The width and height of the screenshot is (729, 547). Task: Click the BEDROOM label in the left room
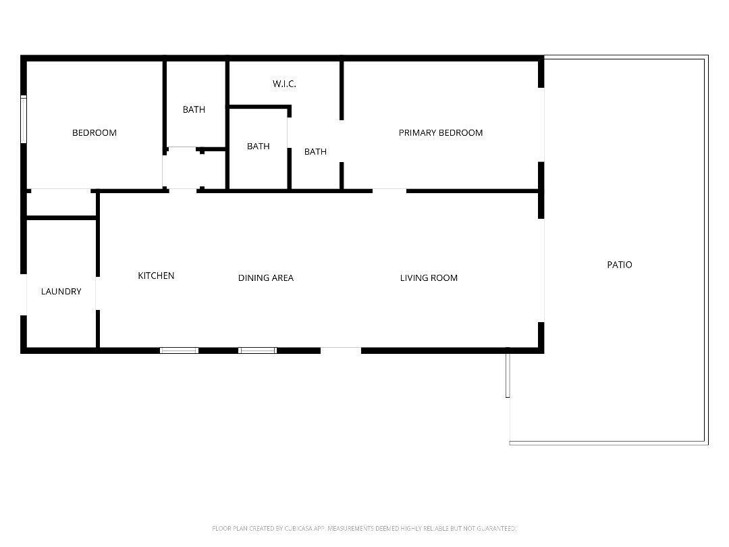point(94,133)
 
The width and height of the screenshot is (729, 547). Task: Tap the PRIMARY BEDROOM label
point(440,133)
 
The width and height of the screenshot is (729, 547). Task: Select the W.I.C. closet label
point(284,84)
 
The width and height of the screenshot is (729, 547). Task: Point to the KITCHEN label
point(156,276)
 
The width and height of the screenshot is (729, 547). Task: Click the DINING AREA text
point(265,278)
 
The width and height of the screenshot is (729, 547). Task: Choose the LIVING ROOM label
point(429,278)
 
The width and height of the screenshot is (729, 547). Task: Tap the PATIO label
point(619,265)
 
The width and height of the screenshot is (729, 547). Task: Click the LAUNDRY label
point(61,292)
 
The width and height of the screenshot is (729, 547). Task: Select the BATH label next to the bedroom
point(194,109)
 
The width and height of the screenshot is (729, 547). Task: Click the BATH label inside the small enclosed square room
point(258,147)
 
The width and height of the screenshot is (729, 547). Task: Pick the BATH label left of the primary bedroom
point(315,152)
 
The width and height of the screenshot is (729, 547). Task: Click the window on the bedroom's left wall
point(24,120)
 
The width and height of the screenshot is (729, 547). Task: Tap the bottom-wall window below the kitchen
point(179,350)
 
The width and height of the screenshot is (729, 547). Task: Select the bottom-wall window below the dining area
point(257,350)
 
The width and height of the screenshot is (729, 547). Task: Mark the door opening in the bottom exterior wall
point(341,350)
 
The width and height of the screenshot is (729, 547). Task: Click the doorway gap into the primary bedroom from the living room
point(389,191)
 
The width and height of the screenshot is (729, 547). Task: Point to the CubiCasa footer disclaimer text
point(364,528)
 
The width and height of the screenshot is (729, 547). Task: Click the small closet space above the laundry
point(61,204)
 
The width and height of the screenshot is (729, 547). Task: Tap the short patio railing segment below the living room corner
point(508,373)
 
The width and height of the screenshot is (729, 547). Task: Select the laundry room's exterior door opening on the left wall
point(24,294)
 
